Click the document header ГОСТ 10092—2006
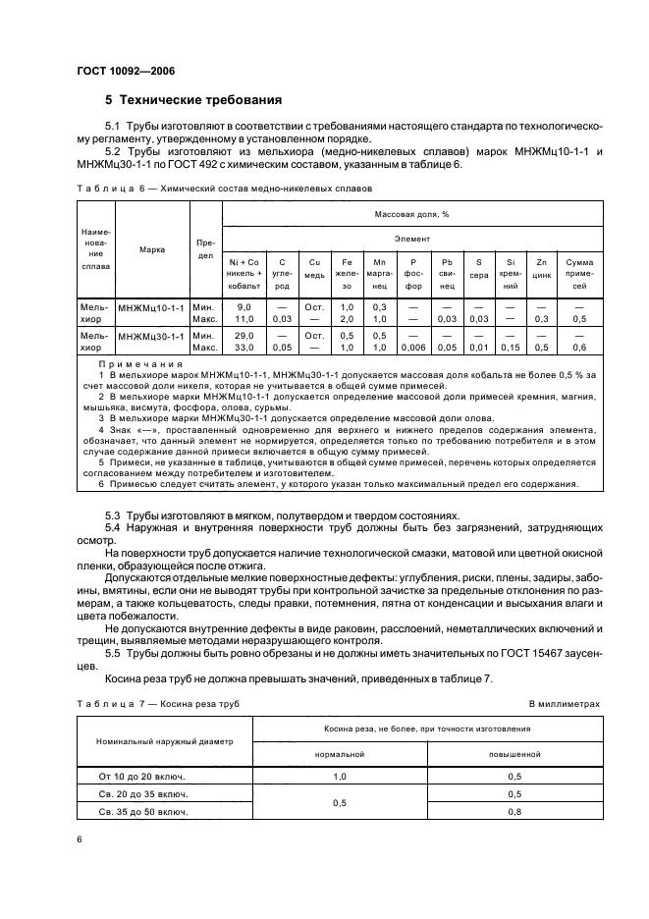tap(126, 71)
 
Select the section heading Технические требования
tap(193, 100)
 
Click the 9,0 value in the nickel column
tap(243, 306)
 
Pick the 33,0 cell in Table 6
tap(243, 347)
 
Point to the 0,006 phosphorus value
tap(413, 347)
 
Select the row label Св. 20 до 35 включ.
tap(144, 793)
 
